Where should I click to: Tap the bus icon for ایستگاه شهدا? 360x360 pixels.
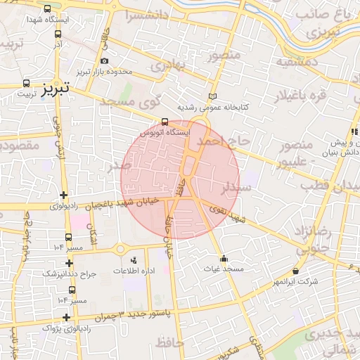pos(47,10)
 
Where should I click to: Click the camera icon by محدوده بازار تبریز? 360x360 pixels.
pos(105,61)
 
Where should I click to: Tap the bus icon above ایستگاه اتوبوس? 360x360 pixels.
pos(165,121)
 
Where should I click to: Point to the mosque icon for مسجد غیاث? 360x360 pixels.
pos(224,257)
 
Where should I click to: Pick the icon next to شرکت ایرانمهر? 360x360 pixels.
pos(295,271)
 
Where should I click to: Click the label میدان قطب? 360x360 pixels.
pos(330,186)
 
